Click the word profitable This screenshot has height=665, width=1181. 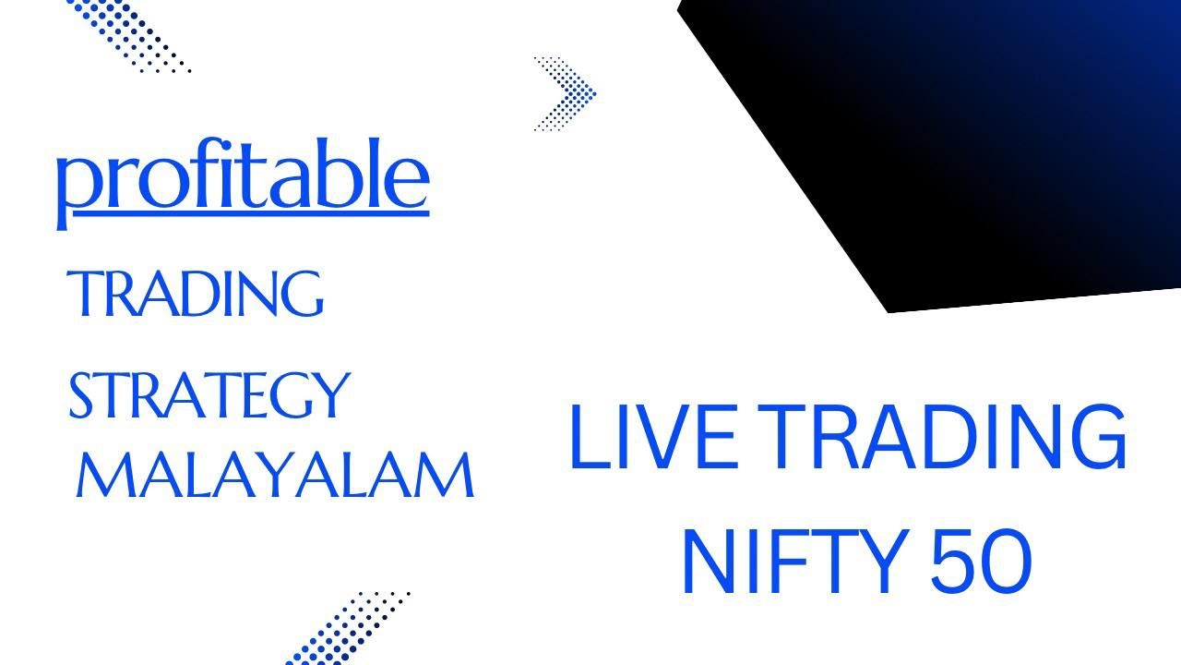pos(243,177)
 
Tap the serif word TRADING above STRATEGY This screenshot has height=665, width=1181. pos(197,293)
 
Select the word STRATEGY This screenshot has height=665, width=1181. pos(209,394)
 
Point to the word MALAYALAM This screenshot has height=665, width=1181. pos(275,476)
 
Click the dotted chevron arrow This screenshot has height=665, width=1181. pos(566,93)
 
